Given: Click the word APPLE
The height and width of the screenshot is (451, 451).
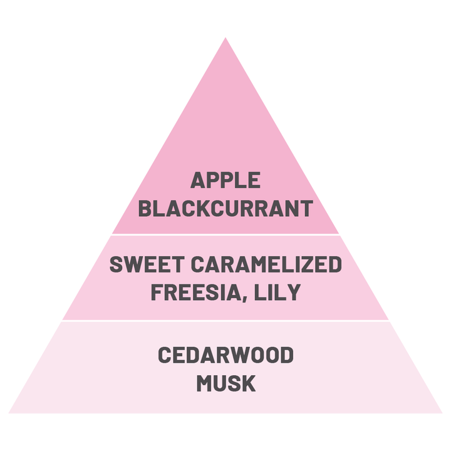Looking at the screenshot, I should pos(225,181).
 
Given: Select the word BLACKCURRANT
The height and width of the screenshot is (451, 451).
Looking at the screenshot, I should pos(225,209).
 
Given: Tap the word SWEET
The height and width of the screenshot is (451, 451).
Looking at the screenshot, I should pos(140,264).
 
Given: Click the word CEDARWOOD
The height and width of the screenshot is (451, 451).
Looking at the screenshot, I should pos(225,355).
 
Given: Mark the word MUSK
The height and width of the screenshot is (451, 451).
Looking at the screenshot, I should pos(225,383).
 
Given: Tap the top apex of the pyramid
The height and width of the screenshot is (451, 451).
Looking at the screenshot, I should pos(225,38).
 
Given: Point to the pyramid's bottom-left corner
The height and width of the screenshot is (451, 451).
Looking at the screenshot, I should pos(9,412).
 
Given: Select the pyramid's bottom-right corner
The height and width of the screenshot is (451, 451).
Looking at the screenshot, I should pos(442,412).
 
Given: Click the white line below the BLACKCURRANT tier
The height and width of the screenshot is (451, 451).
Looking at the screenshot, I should pos(225,235).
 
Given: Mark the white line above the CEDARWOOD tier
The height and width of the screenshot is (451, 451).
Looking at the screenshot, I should pos(225,321).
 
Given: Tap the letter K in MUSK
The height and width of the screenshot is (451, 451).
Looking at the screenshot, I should pos(248,383).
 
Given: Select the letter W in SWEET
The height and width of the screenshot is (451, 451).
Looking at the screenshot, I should pos(133,264).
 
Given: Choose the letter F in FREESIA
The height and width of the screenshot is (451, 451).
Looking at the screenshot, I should pos(157,292).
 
